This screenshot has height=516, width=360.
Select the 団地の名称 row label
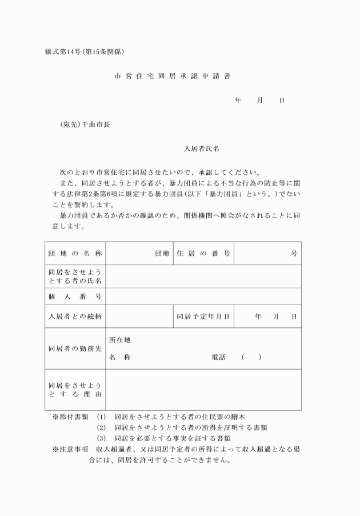[75, 253]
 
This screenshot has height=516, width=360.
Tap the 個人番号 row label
[75, 296]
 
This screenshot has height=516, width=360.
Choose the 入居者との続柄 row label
[75, 316]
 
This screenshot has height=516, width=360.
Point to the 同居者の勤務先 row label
[75, 348]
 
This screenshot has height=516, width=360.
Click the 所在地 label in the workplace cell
[119, 339]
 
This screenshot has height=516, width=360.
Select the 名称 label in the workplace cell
[119, 357]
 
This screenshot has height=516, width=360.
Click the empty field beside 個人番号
[203, 296]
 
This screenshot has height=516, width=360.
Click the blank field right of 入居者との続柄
[139, 316]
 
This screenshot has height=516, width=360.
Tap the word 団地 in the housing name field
[162, 253]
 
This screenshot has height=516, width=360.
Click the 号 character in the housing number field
[294, 253]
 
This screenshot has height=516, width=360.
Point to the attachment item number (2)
[102, 427]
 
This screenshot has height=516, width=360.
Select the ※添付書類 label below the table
[70, 417]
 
